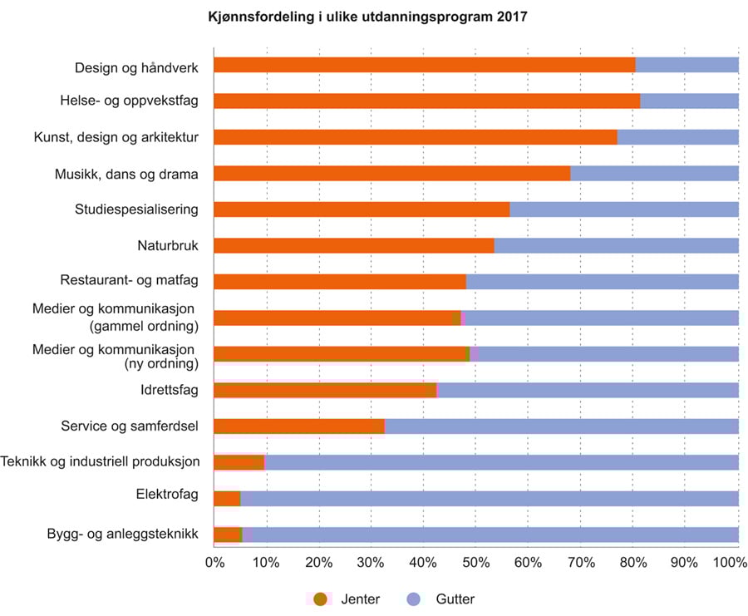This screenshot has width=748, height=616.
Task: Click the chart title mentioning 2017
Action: click(x=367, y=17)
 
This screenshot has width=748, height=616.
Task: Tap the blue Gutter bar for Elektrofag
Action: click(x=489, y=498)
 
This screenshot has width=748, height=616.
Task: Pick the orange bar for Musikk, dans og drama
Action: click(x=391, y=173)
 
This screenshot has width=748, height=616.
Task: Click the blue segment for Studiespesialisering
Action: click(x=623, y=209)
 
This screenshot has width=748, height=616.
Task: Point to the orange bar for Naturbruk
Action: click(x=353, y=245)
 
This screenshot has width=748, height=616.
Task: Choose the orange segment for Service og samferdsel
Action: click(x=299, y=426)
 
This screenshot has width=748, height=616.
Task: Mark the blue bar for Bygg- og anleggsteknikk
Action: click(x=495, y=535)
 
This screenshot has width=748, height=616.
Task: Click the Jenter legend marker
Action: click(x=320, y=599)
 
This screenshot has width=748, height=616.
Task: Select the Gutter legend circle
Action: click(x=416, y=599)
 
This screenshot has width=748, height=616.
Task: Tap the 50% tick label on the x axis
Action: click(x=475, y=564)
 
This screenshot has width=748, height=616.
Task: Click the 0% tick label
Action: click(x=214, y=564)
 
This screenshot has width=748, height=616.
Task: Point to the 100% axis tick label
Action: click(x=731, y=564)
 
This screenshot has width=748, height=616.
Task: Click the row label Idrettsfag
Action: click(x=170, y=390)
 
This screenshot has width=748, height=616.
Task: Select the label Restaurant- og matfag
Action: click(x=129, y=281)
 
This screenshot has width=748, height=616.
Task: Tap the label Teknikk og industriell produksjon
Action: click(x=101, y=462)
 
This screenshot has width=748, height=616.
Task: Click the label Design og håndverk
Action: click(x=136, y=66)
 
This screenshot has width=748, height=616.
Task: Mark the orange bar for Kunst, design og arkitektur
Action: click(x=415, y=137)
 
